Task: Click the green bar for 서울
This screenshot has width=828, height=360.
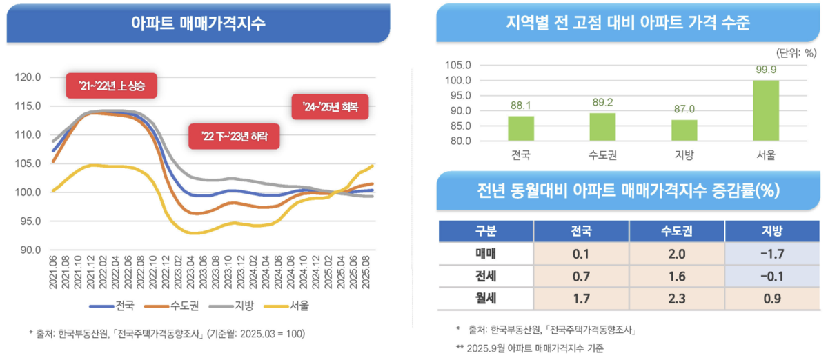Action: pos(766,111)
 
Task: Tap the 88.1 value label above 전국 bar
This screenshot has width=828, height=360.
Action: pos(521,106)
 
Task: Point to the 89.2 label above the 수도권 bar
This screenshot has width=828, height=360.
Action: pos(602,102)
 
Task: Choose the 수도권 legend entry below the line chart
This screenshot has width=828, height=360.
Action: pos(164,305)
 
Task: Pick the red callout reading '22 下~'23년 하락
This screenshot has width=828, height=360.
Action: pos(234,135)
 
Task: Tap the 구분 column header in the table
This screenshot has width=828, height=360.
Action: pos(486,230)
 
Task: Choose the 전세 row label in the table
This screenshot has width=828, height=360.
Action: pos(486,277)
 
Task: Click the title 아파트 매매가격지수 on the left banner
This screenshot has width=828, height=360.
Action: pos(197,21)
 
